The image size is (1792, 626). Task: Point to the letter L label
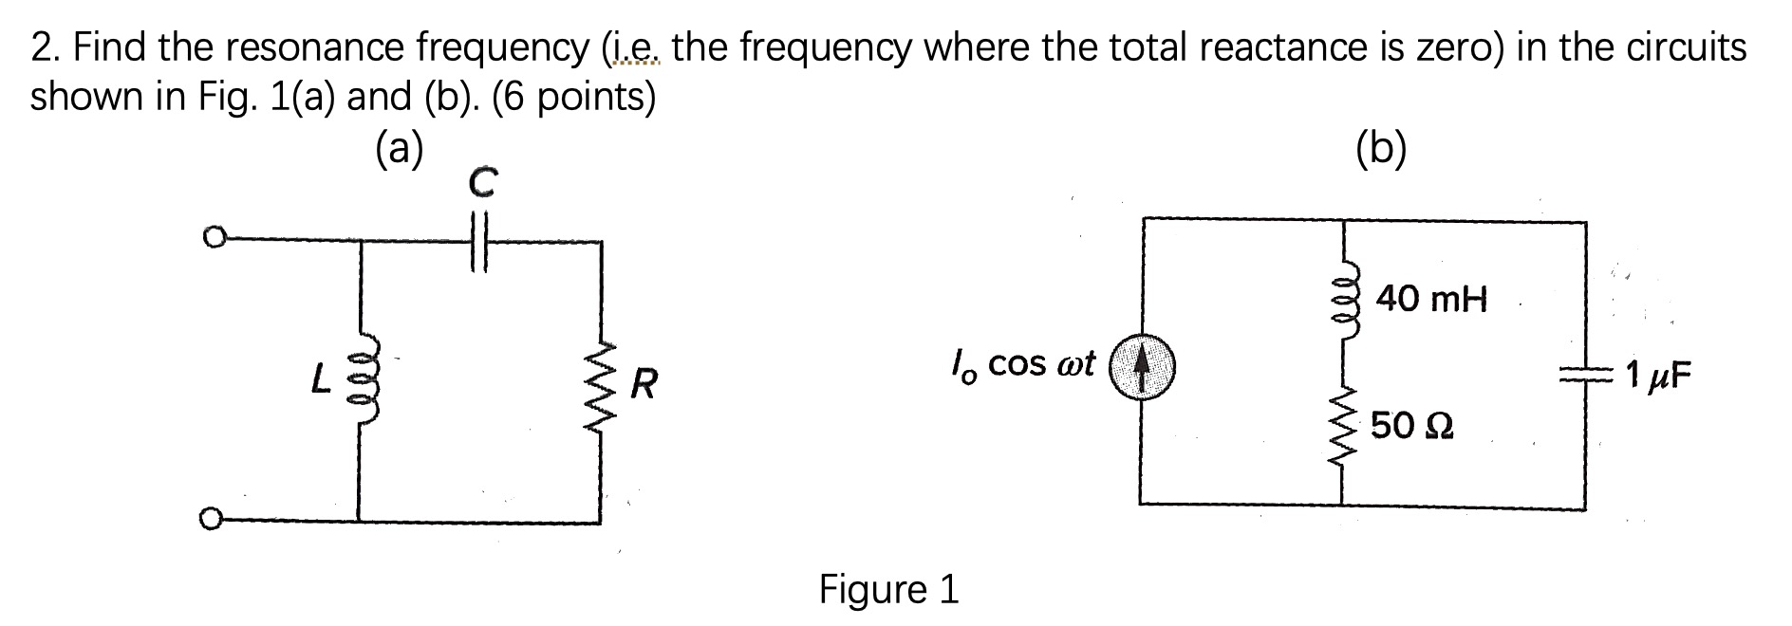[321, 382]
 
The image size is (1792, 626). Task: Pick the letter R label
[644, 385]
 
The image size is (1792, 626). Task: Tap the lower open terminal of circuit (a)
[213, 519]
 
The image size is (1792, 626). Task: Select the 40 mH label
[1431, 300]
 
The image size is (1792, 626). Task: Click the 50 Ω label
[1412, 426]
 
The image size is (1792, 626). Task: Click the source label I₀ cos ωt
[1022, 363]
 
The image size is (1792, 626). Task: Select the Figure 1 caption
[888, 589]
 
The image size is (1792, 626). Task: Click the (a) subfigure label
[399, 149]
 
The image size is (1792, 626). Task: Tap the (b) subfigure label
[1381, 149]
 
